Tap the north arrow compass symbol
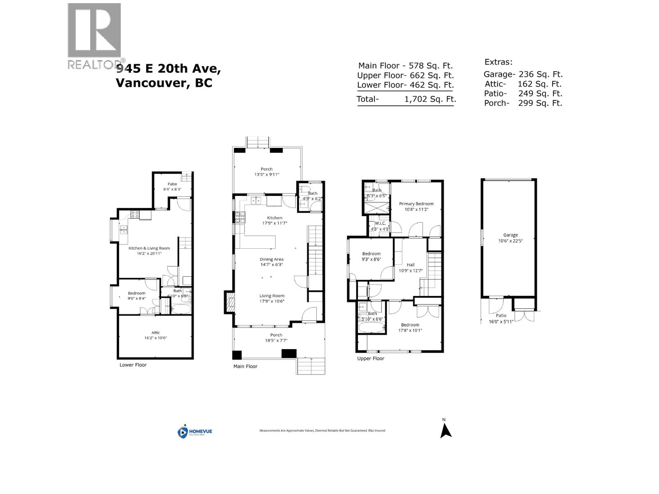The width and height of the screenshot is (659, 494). [445, 431]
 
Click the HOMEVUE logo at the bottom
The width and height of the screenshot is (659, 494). [195, 431]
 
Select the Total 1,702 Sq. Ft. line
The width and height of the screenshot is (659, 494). [406, 99]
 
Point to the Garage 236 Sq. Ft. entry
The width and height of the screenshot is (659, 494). [523, 74]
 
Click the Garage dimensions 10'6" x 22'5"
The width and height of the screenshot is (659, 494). [510, 241]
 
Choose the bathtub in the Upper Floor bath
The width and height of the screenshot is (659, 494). [372, 328]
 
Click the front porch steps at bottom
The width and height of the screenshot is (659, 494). [311, 366]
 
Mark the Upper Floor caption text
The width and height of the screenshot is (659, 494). [370, 359]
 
